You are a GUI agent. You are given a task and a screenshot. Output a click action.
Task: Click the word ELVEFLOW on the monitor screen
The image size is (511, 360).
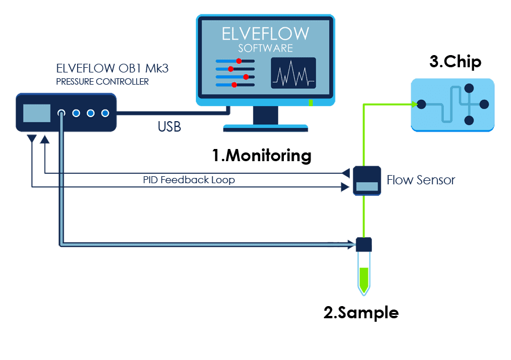tap(265, 33)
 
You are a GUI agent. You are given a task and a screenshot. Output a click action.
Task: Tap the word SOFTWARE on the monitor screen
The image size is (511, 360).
tap(265, 48)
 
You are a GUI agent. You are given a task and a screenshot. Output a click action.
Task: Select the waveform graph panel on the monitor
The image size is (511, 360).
tap(293, 73)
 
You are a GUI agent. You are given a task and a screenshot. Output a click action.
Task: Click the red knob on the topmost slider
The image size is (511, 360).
tap(238, 60)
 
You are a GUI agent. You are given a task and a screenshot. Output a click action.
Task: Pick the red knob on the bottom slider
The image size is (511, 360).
tap(234, 85)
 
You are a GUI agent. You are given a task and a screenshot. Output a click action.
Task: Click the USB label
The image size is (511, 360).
tap(169, 126)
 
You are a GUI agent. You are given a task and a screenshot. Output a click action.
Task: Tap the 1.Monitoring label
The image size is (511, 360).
tap(261, 155)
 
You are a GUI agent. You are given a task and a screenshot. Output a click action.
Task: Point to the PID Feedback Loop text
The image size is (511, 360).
tap(189, 180)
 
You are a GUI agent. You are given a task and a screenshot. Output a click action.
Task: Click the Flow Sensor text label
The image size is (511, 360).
tap(421, 180)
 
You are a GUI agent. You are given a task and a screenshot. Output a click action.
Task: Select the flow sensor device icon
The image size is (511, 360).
tap(366, 180)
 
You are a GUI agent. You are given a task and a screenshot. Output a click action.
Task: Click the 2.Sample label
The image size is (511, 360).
tap(361, 312)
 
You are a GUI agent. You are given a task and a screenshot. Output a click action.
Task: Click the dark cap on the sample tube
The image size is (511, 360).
tap(363, 244)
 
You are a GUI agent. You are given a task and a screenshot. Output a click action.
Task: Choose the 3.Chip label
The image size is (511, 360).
tap(455, 61)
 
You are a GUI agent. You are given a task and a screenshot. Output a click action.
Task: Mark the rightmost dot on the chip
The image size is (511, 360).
tap(484, 104)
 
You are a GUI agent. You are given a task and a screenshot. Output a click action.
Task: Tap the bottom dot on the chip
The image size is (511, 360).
tap(469, 121)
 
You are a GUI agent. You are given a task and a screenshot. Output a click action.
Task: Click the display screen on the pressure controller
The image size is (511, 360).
tap(36, 113)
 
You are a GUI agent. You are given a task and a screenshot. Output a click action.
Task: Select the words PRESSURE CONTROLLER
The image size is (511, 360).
tap(102, 82)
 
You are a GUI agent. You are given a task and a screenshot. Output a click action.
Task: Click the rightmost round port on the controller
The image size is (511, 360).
tap(105, 113)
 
